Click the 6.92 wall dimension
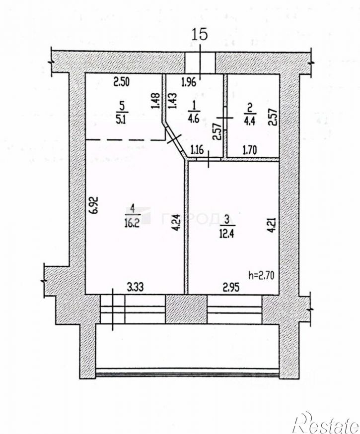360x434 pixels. click(97, 205)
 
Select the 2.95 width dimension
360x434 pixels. click(231, 286)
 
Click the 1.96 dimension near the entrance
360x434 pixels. click(189, 82)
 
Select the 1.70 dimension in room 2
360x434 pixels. click(251, 148)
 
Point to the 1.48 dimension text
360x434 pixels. click(156, 101)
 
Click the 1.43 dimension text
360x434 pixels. click(173, 101)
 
